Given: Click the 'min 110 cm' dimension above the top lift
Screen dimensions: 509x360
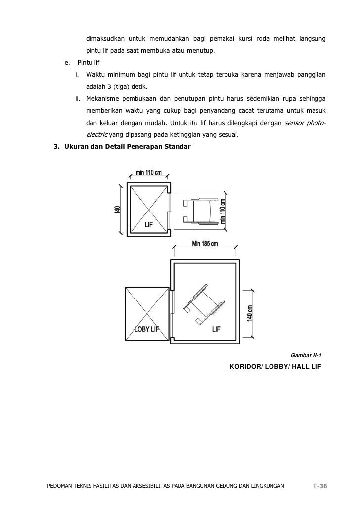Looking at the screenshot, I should (148, 173).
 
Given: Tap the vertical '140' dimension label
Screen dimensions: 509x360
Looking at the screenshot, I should (117, 210).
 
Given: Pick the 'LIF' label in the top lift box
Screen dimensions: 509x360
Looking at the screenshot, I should (148, 224).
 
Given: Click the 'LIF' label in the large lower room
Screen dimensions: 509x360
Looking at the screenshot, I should (216, 329).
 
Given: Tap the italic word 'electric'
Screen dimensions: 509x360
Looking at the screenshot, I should (96, 135).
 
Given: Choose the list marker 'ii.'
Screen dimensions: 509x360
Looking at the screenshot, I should (78, 98).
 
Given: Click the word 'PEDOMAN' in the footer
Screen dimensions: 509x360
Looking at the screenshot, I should (60, 486).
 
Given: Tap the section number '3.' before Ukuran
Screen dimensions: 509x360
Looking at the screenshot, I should (56, 147).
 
